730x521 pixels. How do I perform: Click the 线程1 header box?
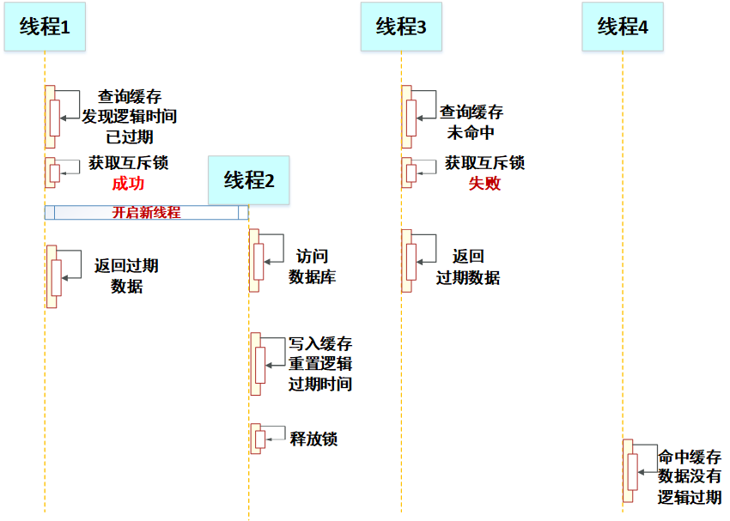tap(45, 27)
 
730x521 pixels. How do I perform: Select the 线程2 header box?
tap(249, 180)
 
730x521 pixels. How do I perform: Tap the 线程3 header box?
tap(401, 27)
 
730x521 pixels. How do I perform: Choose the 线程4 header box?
tap(623, 27)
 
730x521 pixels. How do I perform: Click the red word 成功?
tap(128, 183)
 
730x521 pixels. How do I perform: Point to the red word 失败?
tap(484, 183)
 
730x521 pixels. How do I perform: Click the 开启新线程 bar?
tap(147, 213)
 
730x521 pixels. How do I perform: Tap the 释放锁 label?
tap(313, 439)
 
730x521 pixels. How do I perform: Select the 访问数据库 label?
tap(312, 267)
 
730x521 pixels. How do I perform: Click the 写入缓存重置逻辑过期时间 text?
tap(320, 364)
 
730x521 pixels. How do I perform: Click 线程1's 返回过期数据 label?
tap(126, 276)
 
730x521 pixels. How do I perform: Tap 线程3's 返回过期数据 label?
tap(468, 267)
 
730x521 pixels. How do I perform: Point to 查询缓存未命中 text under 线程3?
tap(471, 122)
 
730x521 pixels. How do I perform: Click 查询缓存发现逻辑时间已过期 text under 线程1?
tap(129, 117)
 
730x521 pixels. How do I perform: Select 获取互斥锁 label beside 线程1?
tap(128, 163)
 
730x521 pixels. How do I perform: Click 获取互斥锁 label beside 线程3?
tap(484, 163)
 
